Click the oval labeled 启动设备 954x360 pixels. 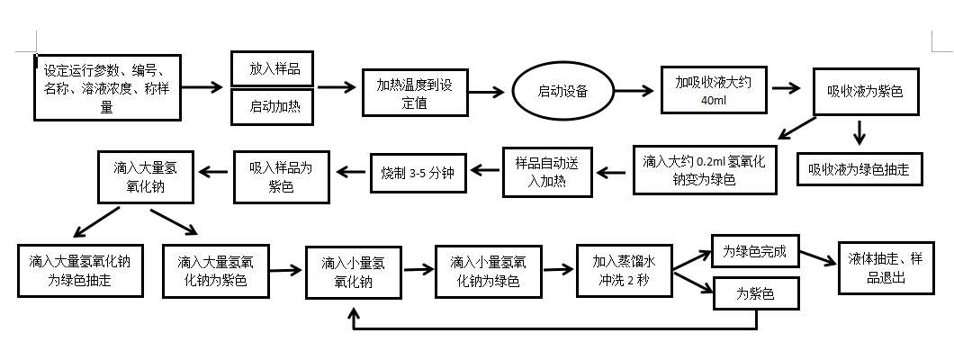(563, 91)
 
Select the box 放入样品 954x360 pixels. (274, 68)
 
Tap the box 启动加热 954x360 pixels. (274, 106)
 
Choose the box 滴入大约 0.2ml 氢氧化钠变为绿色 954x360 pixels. (704, 169)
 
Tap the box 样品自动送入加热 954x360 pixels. (546, 171)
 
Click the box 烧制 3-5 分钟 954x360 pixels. (417, 172)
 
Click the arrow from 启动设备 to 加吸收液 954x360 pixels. (635, 90)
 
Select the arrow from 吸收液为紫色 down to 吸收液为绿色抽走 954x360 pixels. (859, 133)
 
